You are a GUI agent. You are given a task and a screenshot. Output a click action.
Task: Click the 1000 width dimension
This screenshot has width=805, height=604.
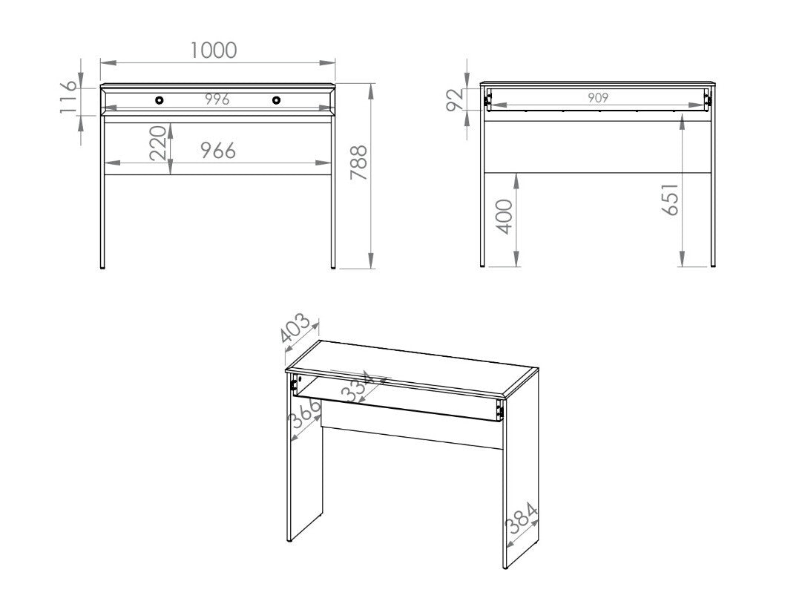(x=214, y=50)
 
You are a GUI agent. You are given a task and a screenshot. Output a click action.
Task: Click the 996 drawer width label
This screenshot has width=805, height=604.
(x=217, y=100)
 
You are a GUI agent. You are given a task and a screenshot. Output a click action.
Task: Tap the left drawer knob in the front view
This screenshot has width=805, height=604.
(x=159, y=100)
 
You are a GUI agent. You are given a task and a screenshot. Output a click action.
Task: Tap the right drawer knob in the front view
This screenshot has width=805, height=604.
(x=276, y=100)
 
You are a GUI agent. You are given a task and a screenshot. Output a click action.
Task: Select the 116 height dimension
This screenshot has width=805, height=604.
(x=68, y=97)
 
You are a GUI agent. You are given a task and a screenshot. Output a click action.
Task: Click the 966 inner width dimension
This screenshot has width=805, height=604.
(x=217, y=151)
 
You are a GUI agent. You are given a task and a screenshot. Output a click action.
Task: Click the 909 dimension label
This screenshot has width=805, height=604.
(x=598, y=98)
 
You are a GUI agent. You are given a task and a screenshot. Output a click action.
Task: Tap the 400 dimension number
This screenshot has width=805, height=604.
(x=505, y=217)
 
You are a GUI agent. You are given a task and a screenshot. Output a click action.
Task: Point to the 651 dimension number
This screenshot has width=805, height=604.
(x=670, y=199)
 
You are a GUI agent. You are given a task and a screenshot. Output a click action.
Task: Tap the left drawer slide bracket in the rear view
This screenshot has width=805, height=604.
(x=487, y=99)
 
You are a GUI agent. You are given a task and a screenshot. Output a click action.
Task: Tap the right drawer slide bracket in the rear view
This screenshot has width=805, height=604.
(x=707, y=99)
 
